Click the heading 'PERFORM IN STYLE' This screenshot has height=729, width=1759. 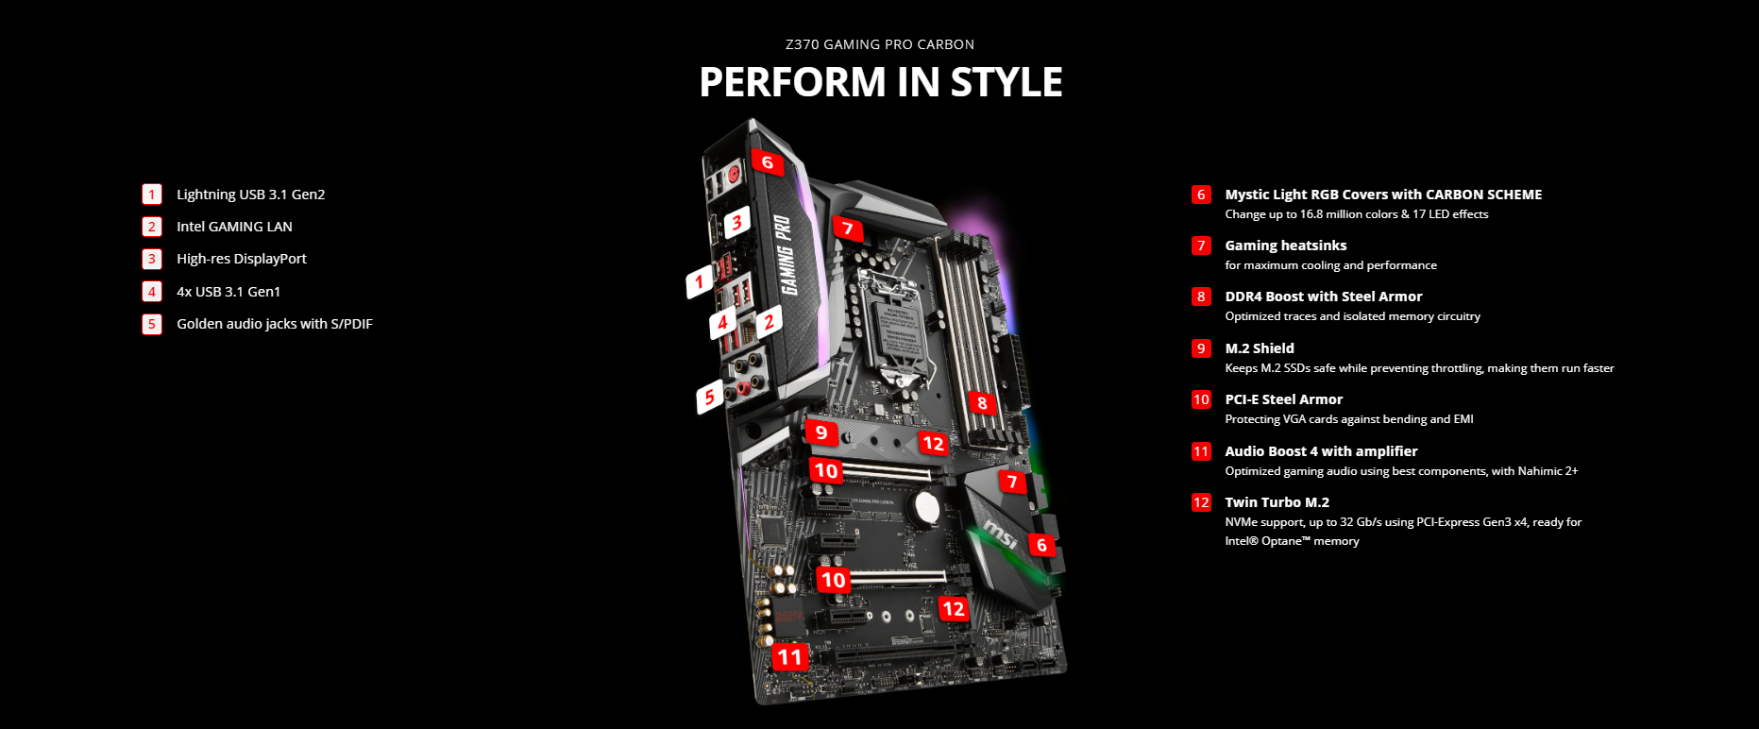point(880,82)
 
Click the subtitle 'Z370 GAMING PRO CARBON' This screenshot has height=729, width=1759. point(880,44)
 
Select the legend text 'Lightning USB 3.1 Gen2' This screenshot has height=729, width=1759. point(250,195)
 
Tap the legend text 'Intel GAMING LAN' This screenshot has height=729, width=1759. point(234,227)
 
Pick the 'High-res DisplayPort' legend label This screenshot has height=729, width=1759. point(242,259)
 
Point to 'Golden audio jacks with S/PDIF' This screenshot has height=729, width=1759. point(275,324)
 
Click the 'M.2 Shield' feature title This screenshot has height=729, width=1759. point(1260,348)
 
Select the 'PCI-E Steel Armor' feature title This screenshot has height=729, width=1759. point(1284,399)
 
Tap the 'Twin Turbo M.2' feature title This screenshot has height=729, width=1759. point(1277,502)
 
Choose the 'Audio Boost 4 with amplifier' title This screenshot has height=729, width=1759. point(1321,451)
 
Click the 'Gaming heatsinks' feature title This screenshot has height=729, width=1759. point(1286,246)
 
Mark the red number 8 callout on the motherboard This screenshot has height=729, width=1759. point(982,403)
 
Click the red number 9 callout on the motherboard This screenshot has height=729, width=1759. point(821,432)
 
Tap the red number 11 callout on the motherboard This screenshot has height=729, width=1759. point(789,657)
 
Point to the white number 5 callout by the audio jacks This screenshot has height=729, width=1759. point(710,398)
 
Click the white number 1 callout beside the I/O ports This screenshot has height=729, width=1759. point(699,281)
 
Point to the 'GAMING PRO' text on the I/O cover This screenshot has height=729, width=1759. point(786,255)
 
